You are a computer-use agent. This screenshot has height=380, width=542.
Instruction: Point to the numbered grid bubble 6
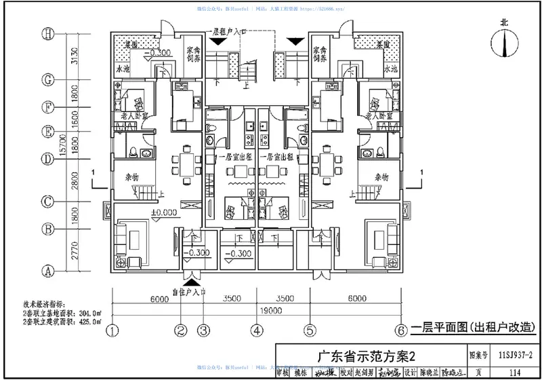pyautogui.click(x=402, y=331)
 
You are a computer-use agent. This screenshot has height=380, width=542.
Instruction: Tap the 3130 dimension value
pyautogui.click(x=76, y=56)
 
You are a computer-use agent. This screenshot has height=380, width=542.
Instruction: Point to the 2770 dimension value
pyautogui.click(x=76, y=250)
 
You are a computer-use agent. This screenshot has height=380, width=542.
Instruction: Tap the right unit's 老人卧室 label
pyautogui.click(x=379, y=117)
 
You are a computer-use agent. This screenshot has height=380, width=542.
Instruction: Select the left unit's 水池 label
pyautogui.click(x=123, y=70)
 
